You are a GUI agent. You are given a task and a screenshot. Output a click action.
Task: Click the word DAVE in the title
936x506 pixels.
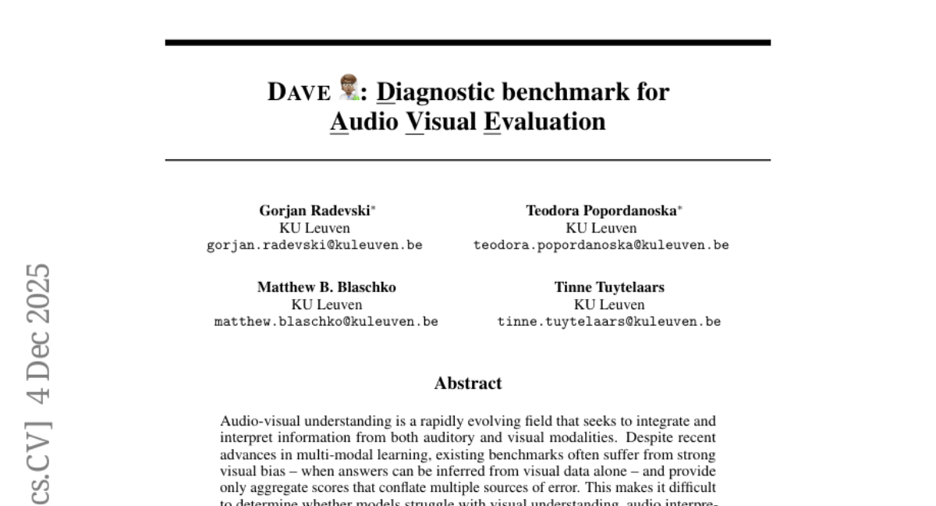(300, 92)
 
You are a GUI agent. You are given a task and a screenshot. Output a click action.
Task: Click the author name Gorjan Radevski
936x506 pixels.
(314, 211)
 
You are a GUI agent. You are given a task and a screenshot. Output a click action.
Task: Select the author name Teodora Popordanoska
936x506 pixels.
(601, 211)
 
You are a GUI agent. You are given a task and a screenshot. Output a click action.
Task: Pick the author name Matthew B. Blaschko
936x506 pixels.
(326, 287)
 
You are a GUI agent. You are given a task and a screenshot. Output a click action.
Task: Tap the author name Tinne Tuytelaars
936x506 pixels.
(609, 287)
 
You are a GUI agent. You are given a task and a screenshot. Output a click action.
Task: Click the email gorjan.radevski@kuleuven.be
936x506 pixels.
(314, 245)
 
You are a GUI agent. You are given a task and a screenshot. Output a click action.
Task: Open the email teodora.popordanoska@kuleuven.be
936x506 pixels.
(601, 245)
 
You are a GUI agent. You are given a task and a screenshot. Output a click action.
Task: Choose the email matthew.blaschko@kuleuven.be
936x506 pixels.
(326, 322)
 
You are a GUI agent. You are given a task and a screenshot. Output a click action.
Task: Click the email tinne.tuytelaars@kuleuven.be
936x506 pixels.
(609, 322)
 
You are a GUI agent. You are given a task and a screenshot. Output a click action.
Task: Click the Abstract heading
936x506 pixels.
(468, 383)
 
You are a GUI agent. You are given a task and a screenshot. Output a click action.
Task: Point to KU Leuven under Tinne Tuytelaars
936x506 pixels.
(609, 305)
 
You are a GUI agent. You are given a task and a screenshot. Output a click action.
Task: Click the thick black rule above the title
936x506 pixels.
(468, 42)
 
